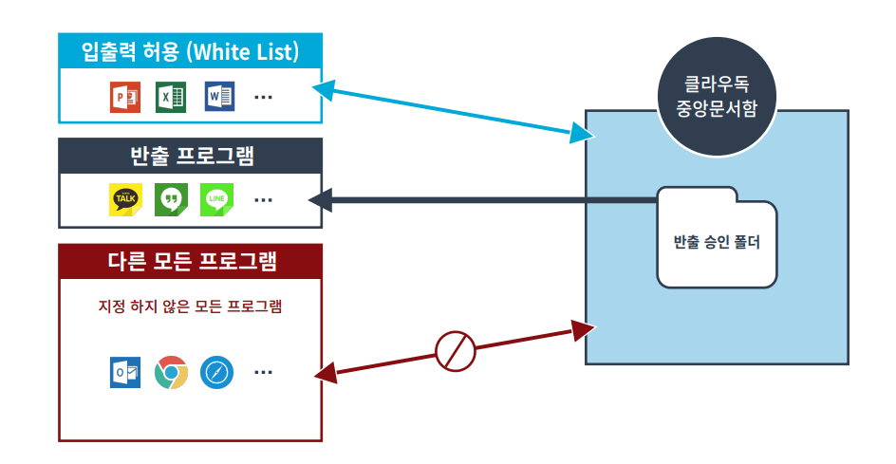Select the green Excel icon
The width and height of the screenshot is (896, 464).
click(171, 97)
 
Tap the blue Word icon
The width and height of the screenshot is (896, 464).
click(219, 97)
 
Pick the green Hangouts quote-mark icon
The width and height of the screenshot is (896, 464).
click(171, 199)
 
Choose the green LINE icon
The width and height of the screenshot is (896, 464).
click(217, 199)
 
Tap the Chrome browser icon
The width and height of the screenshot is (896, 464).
click(171, 373)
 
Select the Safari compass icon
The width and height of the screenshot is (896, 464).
click(216, 373)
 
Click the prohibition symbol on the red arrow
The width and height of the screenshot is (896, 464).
click(455, 351)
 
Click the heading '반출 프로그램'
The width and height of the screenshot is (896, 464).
click(190, 156)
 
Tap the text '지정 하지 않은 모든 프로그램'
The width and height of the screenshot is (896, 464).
click(190, 306)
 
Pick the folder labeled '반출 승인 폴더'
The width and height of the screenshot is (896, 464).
click(719, 238)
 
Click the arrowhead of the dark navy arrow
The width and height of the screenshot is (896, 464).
click(321, 199)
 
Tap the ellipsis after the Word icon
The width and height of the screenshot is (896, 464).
click(264, 97)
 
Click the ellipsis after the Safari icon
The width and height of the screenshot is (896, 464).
click(263, 373)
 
